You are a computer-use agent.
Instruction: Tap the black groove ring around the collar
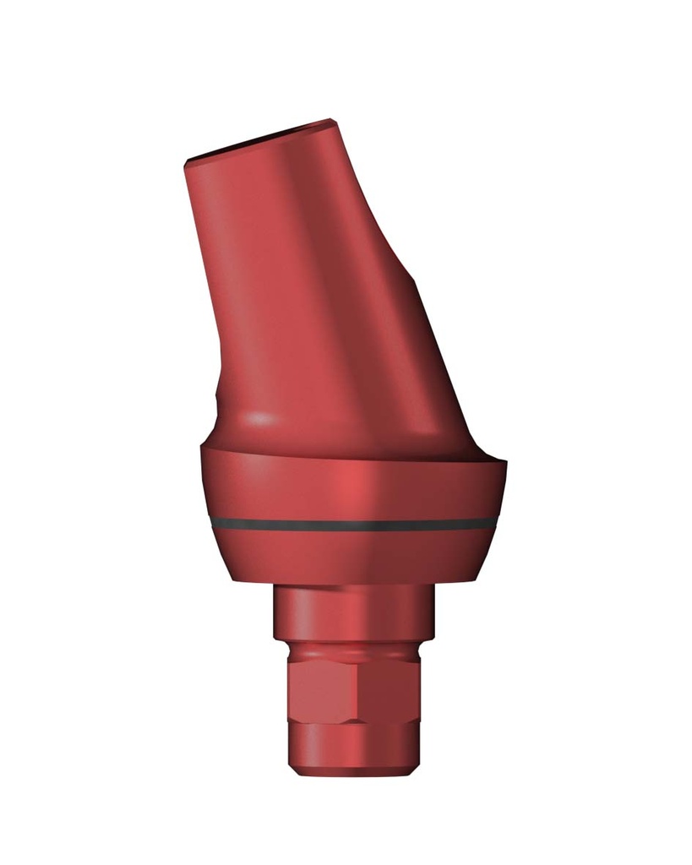pyautogui.click(x=355, y=525)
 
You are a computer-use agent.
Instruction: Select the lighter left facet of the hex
pyautogui.click(x=326, y=688)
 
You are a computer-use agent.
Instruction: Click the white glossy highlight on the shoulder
pyautogui.click(x=262, y=419)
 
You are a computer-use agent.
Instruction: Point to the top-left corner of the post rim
pyautogui.click(x=186, y=160)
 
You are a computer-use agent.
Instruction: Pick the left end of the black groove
pyautogui.click(x=212, y=521)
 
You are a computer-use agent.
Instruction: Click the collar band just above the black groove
pyautogui.click(x=355, y=494)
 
